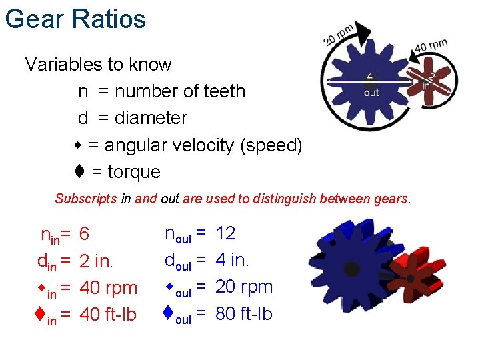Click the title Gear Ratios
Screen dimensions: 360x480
75,19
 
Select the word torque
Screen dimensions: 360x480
134,172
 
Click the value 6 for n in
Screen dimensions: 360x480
85,234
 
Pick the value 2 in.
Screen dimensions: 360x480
97,261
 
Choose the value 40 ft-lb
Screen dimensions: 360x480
109,315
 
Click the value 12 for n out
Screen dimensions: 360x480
225,233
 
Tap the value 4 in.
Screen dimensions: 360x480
233,260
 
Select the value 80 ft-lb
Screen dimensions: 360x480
244,313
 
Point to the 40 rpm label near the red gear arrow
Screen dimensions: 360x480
431,47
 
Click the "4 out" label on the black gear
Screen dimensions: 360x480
371,85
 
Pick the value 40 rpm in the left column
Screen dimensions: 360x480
108,288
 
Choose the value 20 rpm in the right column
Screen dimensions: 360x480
244,287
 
